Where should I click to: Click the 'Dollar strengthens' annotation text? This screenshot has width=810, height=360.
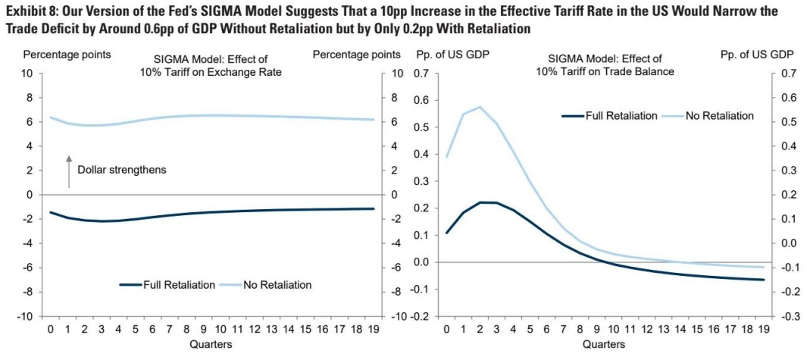click(x=121, y=170)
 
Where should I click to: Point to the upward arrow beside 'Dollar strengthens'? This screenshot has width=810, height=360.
click(x=68, y=171)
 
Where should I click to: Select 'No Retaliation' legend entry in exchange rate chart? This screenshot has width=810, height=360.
click(x=277, y=285)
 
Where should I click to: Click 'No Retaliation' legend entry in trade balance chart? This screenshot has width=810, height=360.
click(x=719, y=116)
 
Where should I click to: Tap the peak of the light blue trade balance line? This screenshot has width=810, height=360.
click(x=478, y=107)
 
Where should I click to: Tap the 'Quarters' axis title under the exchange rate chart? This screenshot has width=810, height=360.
click(x=211, y=344)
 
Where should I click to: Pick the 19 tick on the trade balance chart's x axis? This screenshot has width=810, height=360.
click(x=762, y=330)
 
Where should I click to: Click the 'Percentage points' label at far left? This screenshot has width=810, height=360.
click(x=67, y=55)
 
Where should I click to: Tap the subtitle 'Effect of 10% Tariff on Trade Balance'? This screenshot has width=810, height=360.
click(x=605, y=65)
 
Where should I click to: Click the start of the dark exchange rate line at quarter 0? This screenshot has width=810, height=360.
click(x=51, y=212)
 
